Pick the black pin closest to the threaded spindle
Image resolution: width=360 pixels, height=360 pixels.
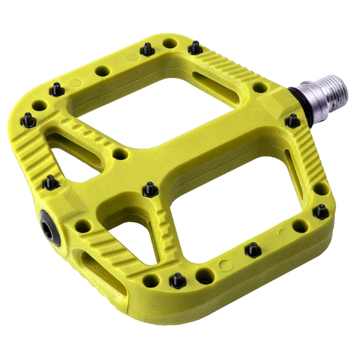coord(293,120)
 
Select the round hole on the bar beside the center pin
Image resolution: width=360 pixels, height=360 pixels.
coord(119,154)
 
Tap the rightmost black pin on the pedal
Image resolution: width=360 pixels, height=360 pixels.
coord(320,211)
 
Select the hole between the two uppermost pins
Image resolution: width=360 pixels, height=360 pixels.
coord(170,44)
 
